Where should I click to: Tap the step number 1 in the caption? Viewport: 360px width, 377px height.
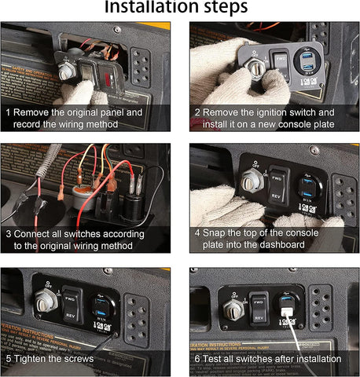(9, 112)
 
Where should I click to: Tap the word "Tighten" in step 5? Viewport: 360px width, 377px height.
(35, 358)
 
